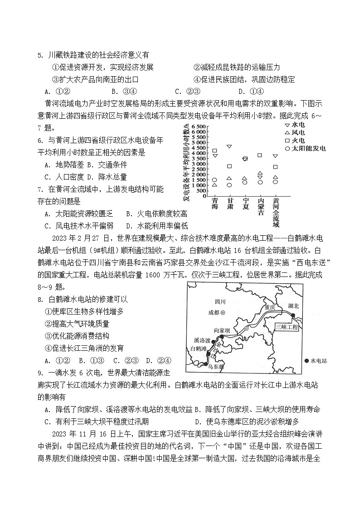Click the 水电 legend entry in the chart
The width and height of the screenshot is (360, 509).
coord(295,124)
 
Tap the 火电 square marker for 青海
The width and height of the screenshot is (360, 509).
coord(214,150)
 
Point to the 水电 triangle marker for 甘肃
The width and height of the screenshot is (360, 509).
coord(229,146)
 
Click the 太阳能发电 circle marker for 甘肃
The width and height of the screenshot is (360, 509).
coord(229,185)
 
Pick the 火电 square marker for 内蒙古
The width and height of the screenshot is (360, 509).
coord(260,155)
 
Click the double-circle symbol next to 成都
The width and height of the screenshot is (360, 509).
coord(229,313)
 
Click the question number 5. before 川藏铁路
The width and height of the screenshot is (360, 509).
coord(40,55)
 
